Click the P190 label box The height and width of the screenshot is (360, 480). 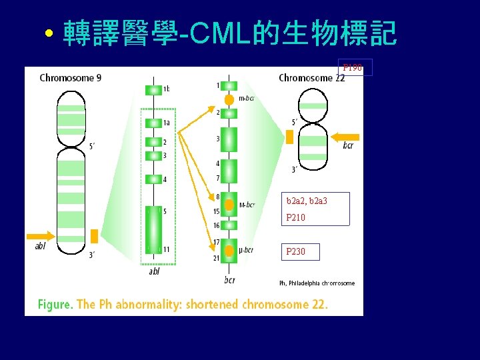pyautogui.click(x=354, y=67)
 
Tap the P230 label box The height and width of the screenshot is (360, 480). pyautogui.click(x=300, y=251)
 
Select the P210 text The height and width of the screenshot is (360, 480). pyautogui.click(x=295, y=217)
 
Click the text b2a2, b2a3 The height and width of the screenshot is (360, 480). pyautogui.click(x=307, y=201)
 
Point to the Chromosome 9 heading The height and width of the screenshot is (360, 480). pyautogui.click(x=71, y=78)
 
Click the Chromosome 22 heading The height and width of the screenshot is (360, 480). pyautogui.click(x=311, y=78)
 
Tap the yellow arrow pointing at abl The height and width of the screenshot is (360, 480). pyautogui.click(x=41, y=235)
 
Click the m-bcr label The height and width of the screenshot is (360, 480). pyautogui.click(x=245, y=99)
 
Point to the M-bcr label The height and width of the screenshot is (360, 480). pyautogui.click(x=247, y=205)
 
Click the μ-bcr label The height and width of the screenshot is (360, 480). pyautogui.click(x=245, y=251)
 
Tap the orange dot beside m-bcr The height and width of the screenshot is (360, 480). pyautogui.click(x=229, y=99)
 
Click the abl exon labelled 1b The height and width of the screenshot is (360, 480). pyautogui.click(x=153, y=89)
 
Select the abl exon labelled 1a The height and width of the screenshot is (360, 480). pyautogui.click(x=153, y=123)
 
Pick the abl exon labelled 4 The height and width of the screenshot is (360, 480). pyautogui.click(x=153, y=179)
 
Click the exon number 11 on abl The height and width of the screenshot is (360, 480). pyautogui.click(x=166, y=249)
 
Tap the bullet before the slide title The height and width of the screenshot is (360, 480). pyautogui.click(x=49, y=34)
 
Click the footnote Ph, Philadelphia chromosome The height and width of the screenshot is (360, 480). pyautogui.click(x=317, y=283)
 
